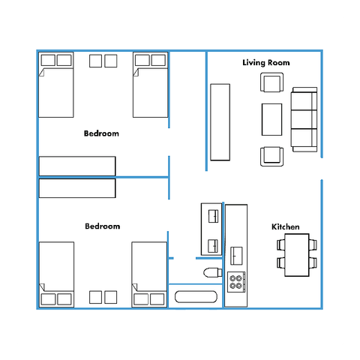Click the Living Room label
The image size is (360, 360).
[x=266, y=62]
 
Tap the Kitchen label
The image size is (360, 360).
[x=286, y=226]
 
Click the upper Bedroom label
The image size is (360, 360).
[x=101, y=133]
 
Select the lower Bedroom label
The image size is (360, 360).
[x=103, y=226]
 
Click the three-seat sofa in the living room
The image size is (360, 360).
[x=304, y=119]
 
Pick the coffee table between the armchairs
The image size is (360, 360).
[x=271, y=119]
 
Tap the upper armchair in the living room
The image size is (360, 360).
[x=271, y=82]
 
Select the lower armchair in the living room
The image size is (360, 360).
[x=271, y=157]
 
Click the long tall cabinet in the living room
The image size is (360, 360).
[x=220, y=122]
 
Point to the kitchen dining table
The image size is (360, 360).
[x=297, y=255]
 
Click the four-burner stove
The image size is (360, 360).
[x=236, y=282]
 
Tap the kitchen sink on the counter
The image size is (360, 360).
[x=236, y=256]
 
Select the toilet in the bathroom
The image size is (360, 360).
[x=213, y=272]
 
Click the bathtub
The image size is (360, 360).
[x=196, y=297]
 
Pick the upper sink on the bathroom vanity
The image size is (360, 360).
[x=213, y=216]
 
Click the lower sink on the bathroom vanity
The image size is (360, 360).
[x=213, y=246]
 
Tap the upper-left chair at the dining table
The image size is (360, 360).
[x=280, y=244]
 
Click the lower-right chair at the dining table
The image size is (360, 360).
[x=313, y=262]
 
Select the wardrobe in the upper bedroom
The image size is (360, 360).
[x=77, y=166]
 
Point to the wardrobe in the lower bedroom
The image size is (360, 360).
[x=77, y=188]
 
